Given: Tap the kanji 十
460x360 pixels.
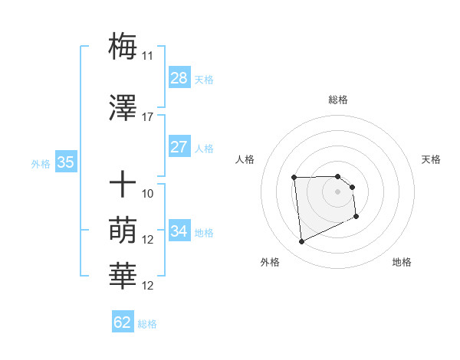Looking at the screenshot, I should (x=123, y=185).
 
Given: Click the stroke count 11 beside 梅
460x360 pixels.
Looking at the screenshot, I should (x=148, y=56).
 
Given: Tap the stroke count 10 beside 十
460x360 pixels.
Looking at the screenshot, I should (x=148, y=194).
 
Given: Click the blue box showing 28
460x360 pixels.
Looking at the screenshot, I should (x=179, y=78).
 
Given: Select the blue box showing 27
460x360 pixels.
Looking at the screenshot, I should (x=179, y=147).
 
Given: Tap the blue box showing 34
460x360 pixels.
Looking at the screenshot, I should (x=179, y=231).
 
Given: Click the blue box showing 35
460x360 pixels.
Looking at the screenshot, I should (x=66, y=162).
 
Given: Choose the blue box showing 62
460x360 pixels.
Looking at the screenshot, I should (x=123, y=322).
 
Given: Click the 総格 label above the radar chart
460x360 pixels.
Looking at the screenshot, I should (x=338, y=100).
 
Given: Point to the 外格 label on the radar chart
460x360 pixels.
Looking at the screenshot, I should (x=270, y=263).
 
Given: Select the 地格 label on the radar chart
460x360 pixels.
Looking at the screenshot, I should (x=402, y=263).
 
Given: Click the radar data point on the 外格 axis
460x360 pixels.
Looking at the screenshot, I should (x=301, y=242).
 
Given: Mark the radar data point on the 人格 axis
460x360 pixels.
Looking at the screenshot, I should (x=294, y=178).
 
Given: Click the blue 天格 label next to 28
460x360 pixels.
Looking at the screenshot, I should (x=204, y=79).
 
